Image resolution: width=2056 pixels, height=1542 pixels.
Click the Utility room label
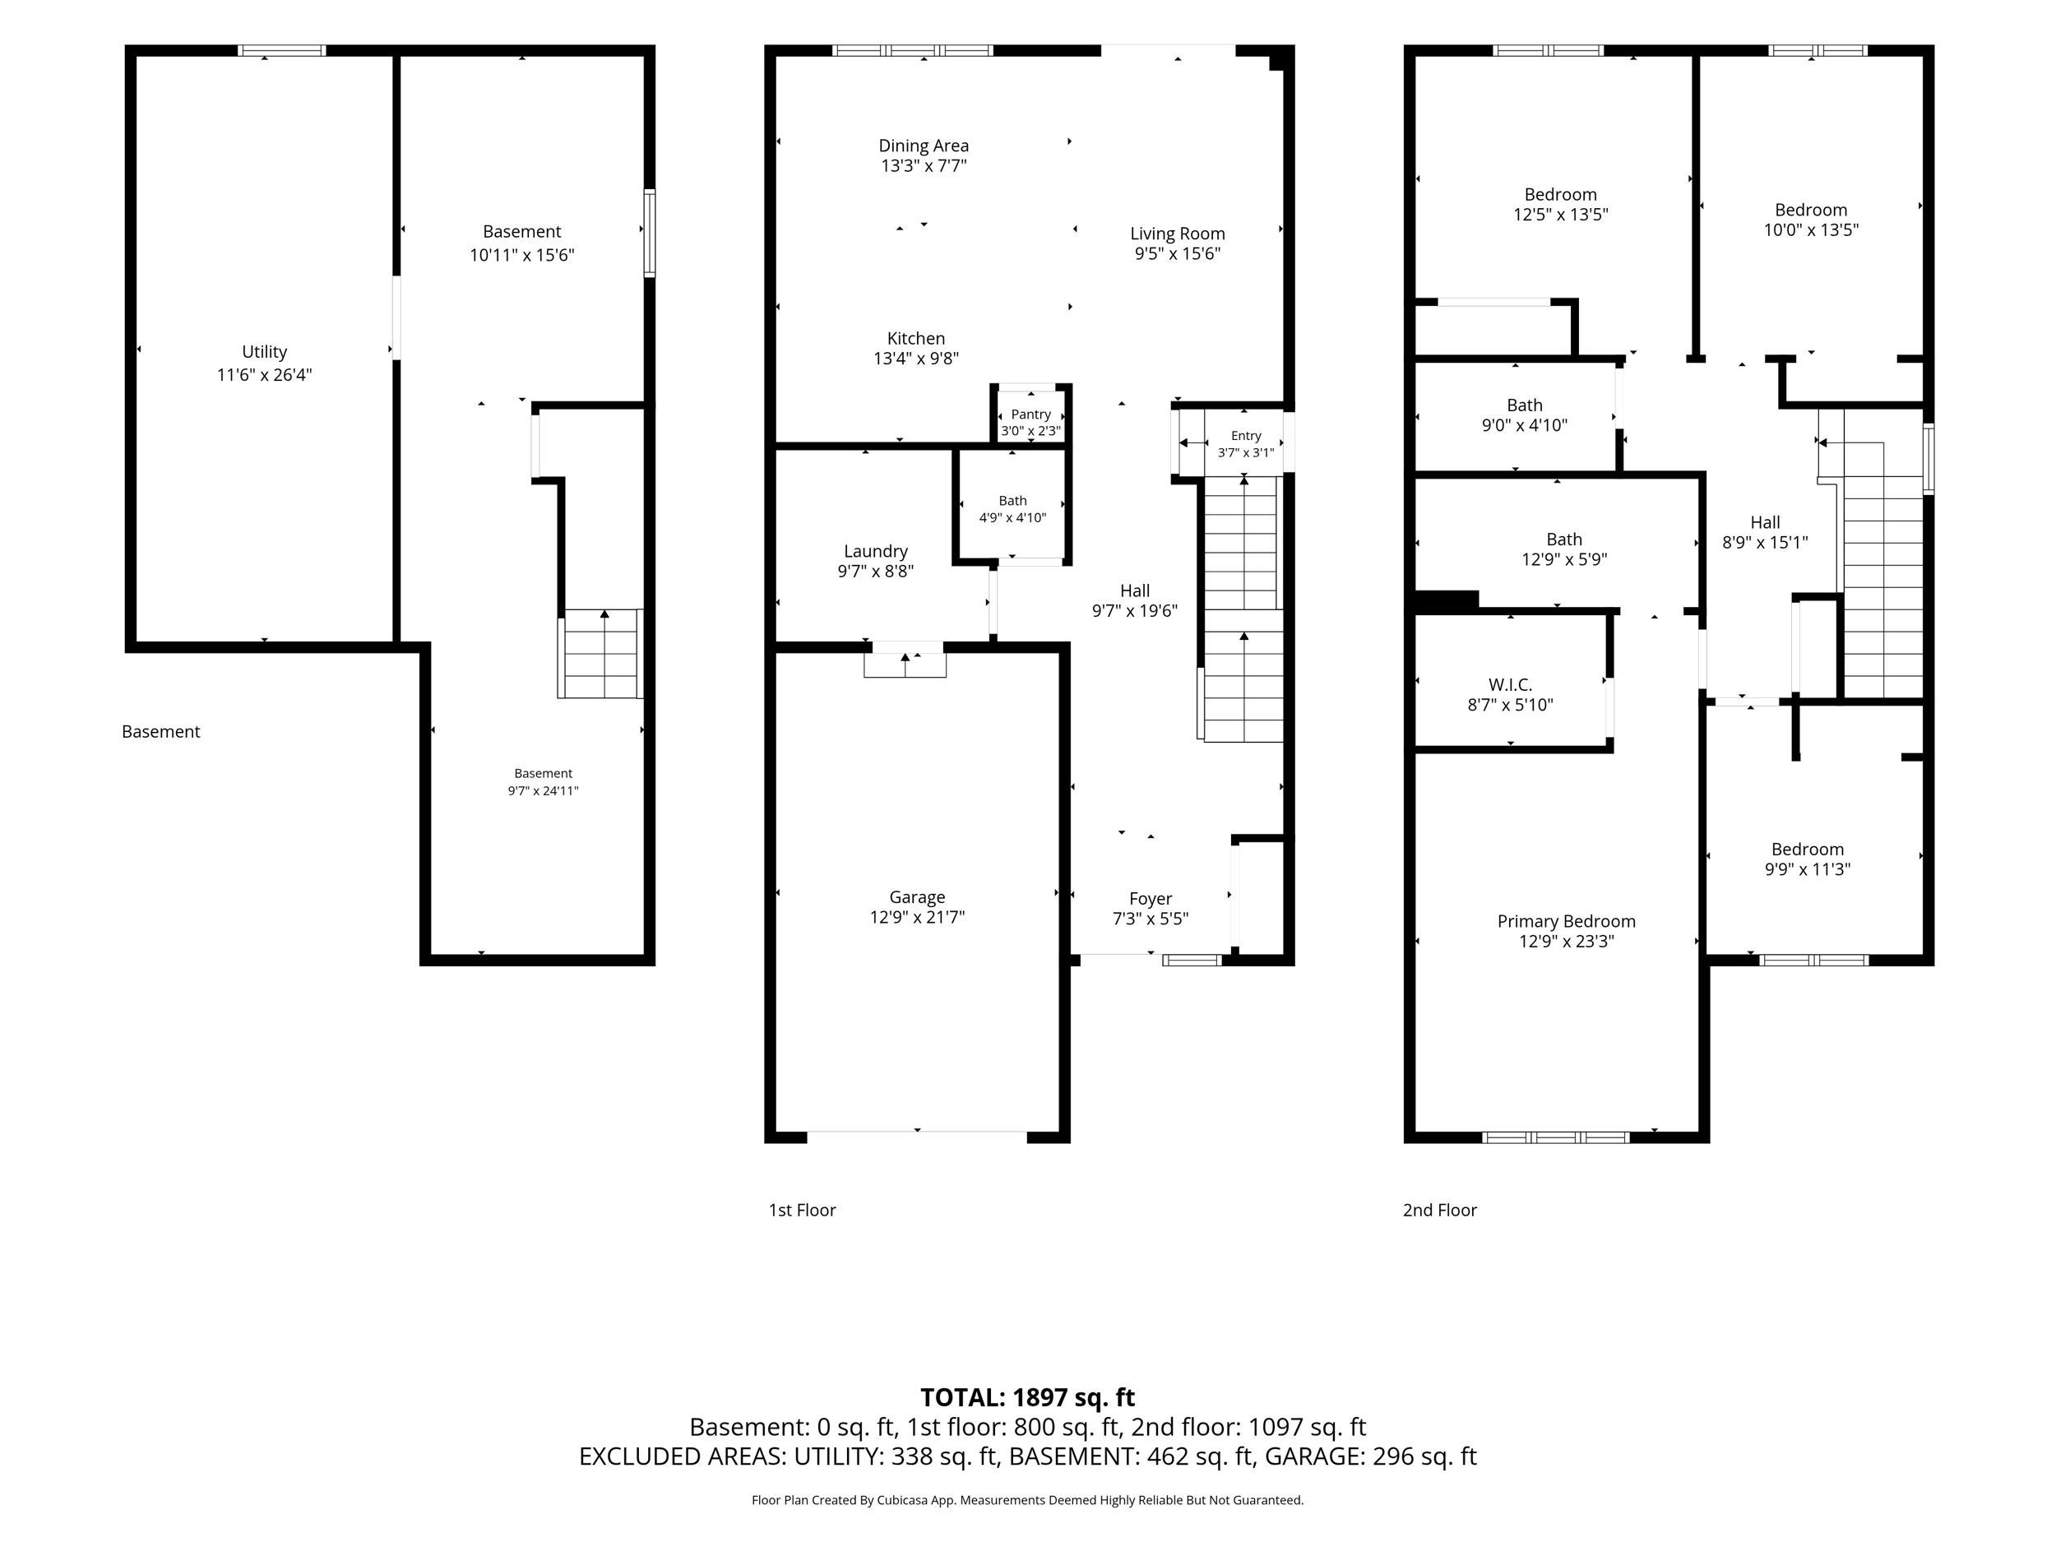click(x=264, y=351)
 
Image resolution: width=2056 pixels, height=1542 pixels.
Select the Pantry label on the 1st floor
click(x=1030, y=414)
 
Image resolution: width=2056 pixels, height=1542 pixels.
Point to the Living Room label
click(x=1178, y=234)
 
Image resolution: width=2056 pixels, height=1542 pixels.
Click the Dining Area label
click(x=924, y=146)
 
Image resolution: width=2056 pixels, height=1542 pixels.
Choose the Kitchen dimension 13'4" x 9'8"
click(x=916, y=359)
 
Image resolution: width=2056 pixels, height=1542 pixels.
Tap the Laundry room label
click(x=876, y=551)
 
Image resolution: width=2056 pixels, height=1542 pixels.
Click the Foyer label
click(x=1151, y=899)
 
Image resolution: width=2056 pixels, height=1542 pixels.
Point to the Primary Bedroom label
click(x=1566, y=921)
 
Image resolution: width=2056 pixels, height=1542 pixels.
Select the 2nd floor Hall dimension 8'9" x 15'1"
click(x=1765, y=543)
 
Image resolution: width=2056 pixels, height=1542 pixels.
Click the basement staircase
click(x=600, y=654)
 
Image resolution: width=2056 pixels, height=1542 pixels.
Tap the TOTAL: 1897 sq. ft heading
click(x=1028, y=1398)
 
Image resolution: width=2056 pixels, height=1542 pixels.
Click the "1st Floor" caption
click(x=802, y=1211)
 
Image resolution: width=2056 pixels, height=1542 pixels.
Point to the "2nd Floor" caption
click(x=1440, y=1211)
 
